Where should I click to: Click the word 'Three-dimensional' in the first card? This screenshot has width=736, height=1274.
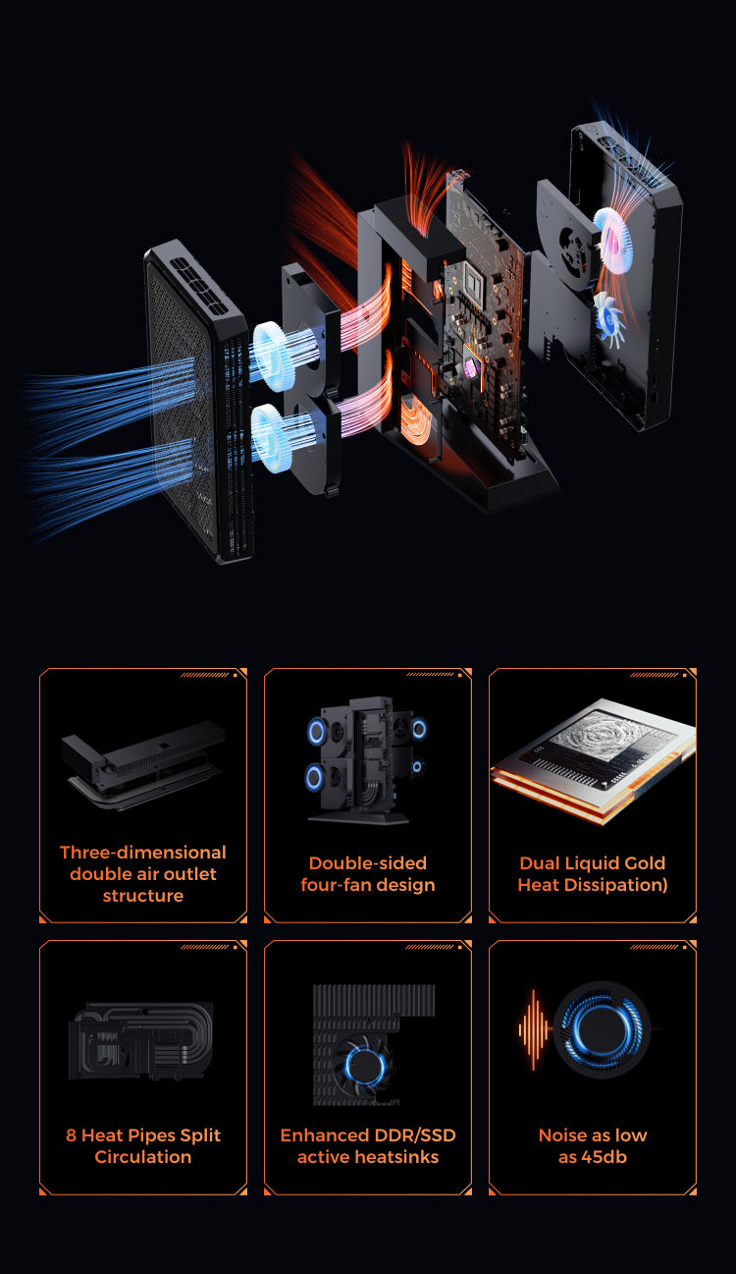(x=142, y=852)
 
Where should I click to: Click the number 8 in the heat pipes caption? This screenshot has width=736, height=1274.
(x=71, y=1136)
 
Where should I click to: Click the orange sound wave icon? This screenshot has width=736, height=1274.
(x=533, y=1029)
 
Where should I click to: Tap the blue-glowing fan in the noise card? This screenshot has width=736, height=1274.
(x=602, y=1029)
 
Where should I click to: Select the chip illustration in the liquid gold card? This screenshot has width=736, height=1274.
(x=594, y=759)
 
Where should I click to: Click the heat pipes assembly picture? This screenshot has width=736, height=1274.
(x=141, y=1041)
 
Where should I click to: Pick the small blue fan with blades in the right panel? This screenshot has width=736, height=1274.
(x=610, y=318)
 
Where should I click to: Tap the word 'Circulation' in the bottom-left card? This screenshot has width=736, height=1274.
(x=142, y=1157)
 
